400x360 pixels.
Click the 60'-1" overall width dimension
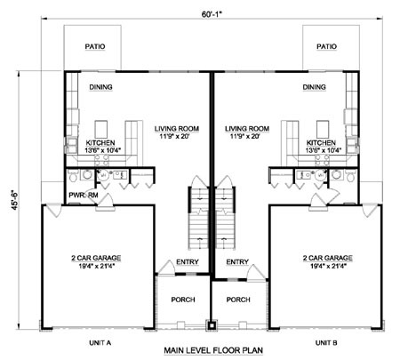[212, 14]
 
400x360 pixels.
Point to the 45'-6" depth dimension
[15, 200]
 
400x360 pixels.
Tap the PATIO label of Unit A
[95, 46]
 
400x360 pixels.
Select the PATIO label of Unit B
[326, 46]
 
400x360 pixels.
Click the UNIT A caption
[100, 343]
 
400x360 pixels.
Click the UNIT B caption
[326, 343]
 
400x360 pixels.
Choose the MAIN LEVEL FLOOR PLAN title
[213, 350]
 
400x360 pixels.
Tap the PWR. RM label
[84, 196]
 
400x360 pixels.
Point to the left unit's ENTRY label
[188, 262]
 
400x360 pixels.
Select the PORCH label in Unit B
[238, 300]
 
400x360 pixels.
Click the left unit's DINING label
[100, 87]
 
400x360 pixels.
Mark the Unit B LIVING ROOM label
[247, 129]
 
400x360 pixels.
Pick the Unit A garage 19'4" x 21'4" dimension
[97, 266]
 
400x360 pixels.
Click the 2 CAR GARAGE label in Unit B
[328, 258]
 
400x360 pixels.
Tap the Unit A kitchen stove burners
[101, 160]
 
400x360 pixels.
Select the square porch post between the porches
[212, 325]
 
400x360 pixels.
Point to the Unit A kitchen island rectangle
[101, 129]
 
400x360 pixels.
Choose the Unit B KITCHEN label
[321, 143]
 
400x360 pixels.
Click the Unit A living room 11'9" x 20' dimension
[176, 137]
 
